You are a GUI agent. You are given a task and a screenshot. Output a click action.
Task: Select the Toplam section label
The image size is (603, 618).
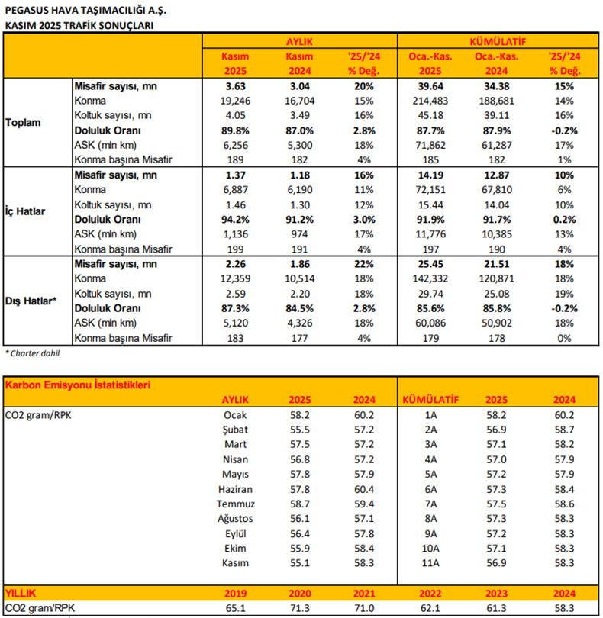(x=23, y=122)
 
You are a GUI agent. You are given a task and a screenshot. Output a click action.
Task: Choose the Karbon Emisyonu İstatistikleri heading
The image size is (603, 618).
(x=78, y=385)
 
